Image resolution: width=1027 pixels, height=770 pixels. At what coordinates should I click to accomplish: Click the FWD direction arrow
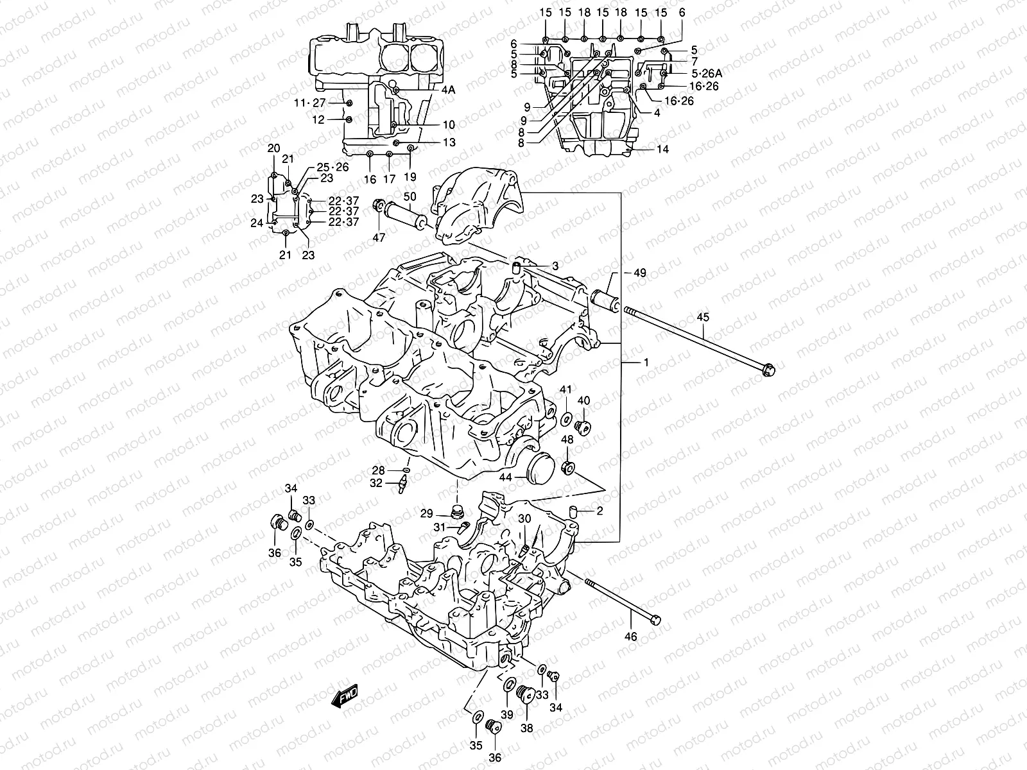[345, 696]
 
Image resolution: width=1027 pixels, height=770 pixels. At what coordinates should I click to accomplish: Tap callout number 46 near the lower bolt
[631, 637]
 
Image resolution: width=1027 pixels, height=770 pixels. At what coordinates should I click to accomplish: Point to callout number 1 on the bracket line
[646, 363]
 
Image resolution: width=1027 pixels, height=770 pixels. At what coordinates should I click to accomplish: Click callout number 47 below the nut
[379, 237]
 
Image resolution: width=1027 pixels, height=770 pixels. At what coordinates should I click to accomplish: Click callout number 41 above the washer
[565, 389]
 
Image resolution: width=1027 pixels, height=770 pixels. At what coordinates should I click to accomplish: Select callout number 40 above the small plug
[583, 400]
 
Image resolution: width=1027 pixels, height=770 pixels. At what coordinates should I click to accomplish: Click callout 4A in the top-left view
[447, 90]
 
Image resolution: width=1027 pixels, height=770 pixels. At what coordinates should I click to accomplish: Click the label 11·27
[310, 103]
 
